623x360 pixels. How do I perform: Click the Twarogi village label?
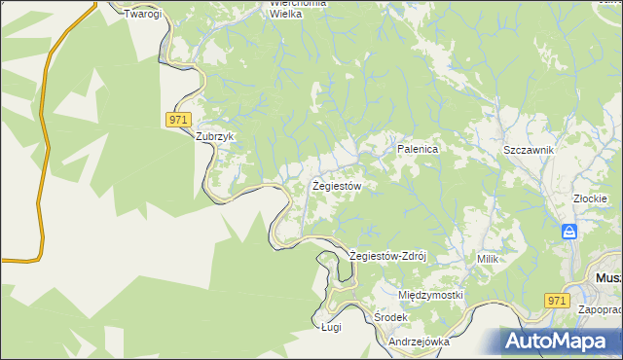point(143,15)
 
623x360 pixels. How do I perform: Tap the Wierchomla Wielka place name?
point(299,9)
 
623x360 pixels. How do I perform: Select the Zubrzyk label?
point(216,137)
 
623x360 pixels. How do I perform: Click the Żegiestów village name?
point(337,185)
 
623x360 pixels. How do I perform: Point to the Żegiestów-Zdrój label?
point(388,256)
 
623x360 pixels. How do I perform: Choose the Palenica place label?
point(419,149)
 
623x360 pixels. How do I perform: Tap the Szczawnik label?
point(529,150)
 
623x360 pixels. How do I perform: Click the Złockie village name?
point(591,198)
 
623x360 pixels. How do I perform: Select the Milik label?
point(488,259)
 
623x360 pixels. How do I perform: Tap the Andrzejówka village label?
point(418,342)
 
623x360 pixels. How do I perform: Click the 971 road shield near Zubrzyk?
point(176,119)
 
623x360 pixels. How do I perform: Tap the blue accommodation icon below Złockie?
point(570,232)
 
